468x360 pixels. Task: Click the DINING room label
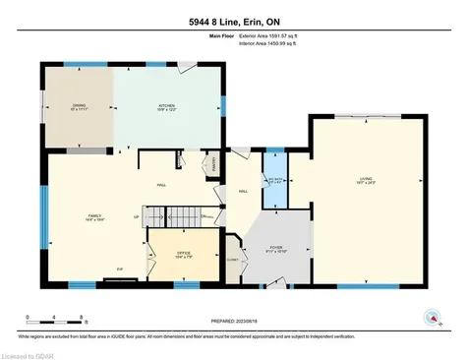coord(79,105)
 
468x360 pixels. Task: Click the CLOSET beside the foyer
coord(232,258)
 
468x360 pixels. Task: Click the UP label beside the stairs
coord(137,216)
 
